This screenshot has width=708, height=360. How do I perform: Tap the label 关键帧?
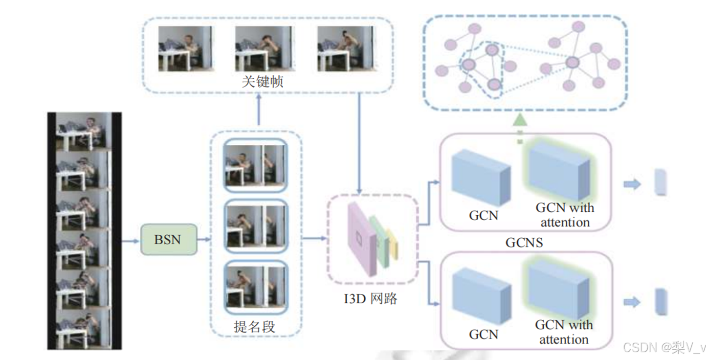(263, 81)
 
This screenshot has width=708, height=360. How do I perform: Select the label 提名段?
(254, 327)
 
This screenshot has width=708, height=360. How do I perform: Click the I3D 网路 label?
(370, 298)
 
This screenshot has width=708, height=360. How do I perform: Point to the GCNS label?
(524, 243)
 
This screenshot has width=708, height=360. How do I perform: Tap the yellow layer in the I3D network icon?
(392, 244)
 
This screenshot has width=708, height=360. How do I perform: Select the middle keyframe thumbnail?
(263, 48)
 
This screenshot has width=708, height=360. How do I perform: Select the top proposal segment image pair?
(255, 166)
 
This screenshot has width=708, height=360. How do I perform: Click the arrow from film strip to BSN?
(131, 241)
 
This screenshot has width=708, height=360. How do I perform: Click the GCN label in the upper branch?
(483, 216)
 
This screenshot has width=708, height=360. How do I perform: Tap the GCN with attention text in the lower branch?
(564, 332)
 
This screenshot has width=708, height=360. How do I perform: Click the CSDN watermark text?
(664, 348)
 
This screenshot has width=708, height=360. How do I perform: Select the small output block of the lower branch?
(661, 301)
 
